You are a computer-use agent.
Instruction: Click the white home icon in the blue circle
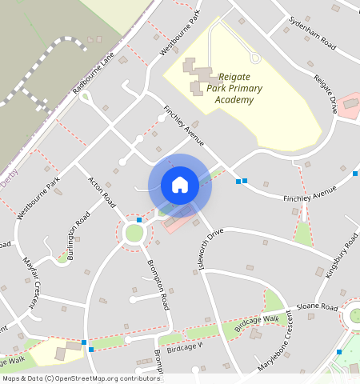coord(180,185)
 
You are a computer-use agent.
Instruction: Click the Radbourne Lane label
coord(94,73)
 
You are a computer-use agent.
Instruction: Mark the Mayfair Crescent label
coord(31,282)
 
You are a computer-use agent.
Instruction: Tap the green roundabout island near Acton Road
coord(134,234)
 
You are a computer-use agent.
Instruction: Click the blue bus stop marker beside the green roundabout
coord(139,219)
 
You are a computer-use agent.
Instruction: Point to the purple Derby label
coord(8,182)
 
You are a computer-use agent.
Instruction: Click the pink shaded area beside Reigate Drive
coord(350,106)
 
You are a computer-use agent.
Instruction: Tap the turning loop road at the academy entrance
coord(255,56)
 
